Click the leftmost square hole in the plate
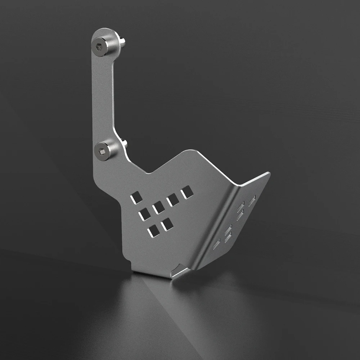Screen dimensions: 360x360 136,197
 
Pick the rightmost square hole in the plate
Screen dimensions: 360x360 186,192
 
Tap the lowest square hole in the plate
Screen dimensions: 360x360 154,231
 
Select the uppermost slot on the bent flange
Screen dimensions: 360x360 252,201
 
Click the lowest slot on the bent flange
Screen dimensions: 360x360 217,244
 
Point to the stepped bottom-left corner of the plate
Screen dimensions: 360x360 129,261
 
